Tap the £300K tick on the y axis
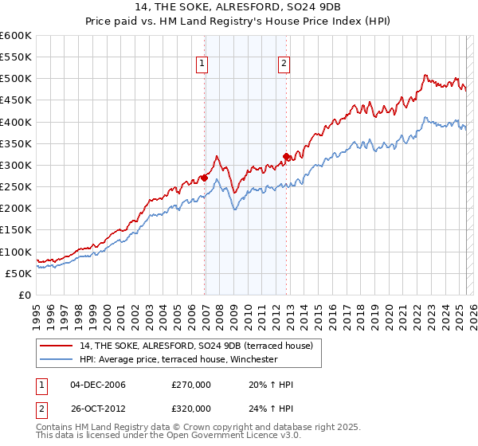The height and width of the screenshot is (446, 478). pyautogui.click(x=16, y=165)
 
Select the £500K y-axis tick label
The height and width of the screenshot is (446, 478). pyautogui.click(x=16, y=79)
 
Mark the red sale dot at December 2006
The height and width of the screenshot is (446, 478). pyautogui.click(x=205, y=178)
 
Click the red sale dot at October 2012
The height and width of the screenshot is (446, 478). pyautogui.click(x=287, y=156)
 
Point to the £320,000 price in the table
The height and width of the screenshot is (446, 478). pyautogui.click(x=191, y=408)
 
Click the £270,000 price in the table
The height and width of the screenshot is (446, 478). pyautogui.click(x=191, y=385)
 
